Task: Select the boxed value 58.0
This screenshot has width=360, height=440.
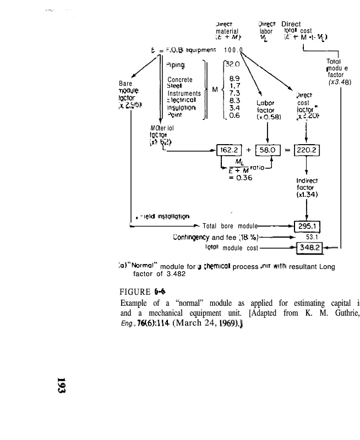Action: [267, 150]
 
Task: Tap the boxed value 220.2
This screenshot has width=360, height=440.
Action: [307, 150]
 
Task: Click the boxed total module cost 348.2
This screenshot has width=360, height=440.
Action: [310, 248]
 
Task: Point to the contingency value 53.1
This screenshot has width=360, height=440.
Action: [312, 238]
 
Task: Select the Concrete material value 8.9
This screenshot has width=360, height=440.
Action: [234, 79]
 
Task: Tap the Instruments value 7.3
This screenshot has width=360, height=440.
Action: [234, 94]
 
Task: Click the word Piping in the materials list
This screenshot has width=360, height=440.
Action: [175, 64]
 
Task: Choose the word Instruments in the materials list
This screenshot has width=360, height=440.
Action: [184, 94]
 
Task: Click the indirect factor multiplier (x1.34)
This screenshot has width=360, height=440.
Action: [307, 194]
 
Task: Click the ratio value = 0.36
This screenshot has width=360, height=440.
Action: [240, 178]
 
